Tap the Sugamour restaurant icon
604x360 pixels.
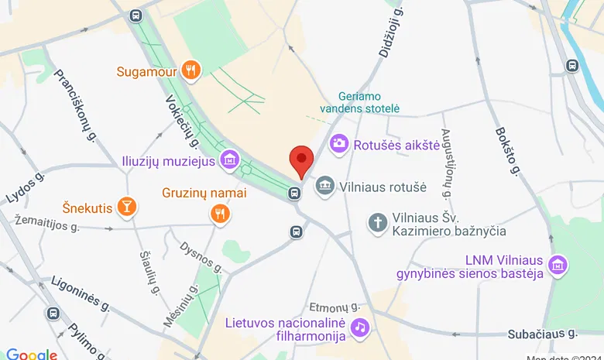tap(192, 72)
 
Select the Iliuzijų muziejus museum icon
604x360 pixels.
tap(228, 161)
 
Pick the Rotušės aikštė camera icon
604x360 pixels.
tap(338, 143)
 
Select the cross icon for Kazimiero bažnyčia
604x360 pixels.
tap(378, 223)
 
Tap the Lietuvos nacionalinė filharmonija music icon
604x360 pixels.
tap(359, 327)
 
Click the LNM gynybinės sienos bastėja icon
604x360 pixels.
tap(556, 265)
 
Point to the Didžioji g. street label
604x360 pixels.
tap(389, 35)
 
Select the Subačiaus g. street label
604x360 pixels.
tap(543, 334)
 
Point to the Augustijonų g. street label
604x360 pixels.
tap(447, 163)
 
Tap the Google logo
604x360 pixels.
tap(31, 354)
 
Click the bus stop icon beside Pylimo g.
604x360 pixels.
tap(53, 314)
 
